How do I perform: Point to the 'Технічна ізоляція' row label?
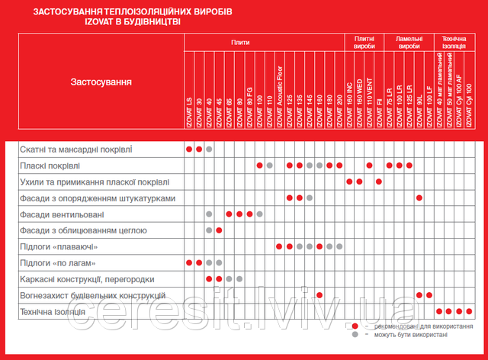point(53,311)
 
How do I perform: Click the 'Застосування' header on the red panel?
point(101,82)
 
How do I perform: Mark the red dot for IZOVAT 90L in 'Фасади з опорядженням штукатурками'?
point(419,198)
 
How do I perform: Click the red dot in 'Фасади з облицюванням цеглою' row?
point(220,230)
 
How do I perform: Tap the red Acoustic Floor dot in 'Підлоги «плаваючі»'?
point(279,246)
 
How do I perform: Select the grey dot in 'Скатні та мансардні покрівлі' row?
point(209,149)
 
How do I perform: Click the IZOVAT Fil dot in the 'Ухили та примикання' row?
point(379,182)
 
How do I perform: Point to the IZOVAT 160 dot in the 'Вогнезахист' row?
point(319,295)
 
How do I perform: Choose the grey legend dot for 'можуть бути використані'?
point(355,336)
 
